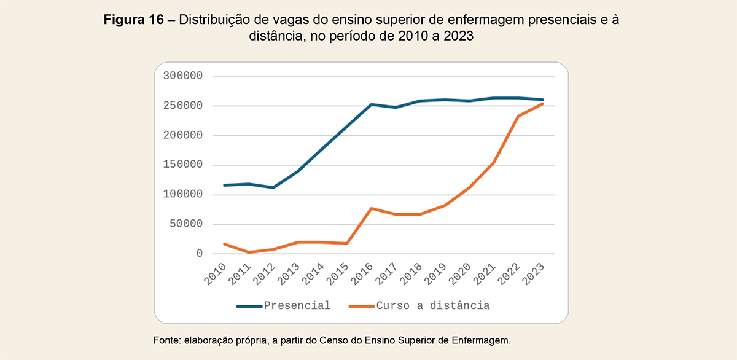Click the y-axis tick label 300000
[183, 76]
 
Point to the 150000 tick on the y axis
[183, 165]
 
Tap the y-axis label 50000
[186, 224]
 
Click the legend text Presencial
[297, 306]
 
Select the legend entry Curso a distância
[433, 306]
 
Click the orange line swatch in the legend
[362, 306]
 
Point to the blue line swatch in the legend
[249, 306]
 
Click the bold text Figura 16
[133, 20]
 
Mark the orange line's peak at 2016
[372, 208]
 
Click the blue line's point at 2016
[372, 104]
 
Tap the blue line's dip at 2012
[273, 187]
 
